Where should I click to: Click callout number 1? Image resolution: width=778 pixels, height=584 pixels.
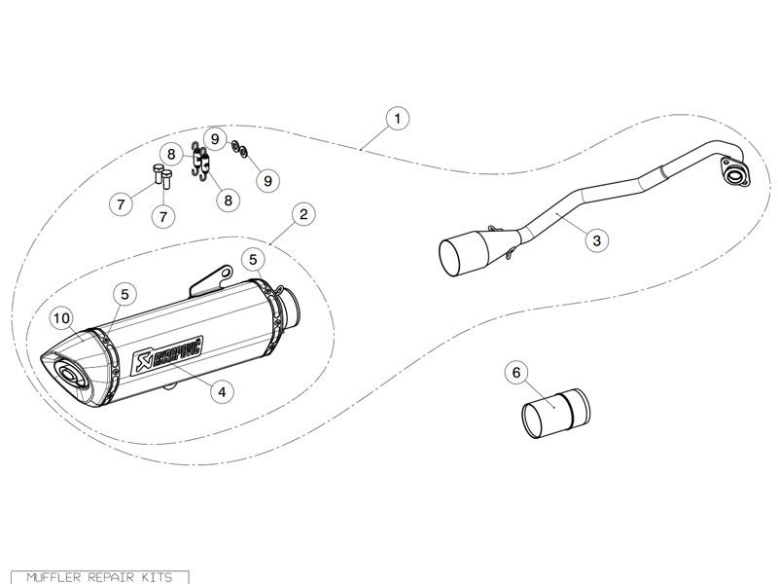397,119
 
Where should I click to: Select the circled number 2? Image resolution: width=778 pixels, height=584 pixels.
303,214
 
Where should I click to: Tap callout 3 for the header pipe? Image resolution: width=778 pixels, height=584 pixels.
596,240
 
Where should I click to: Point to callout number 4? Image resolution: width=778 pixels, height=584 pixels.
222,392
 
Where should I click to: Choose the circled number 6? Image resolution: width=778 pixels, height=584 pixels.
516,372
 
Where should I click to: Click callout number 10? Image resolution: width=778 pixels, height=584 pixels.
62,318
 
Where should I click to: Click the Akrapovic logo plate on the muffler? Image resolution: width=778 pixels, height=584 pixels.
167,355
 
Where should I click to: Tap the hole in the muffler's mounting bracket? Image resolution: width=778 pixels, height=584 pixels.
226,273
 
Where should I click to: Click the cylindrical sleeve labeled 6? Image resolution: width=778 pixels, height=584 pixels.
555,414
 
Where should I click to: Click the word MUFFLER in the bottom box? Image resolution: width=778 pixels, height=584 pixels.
53,577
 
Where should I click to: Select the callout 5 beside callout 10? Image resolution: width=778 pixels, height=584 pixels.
124,294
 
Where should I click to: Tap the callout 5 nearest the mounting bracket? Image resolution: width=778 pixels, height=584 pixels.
253,260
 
